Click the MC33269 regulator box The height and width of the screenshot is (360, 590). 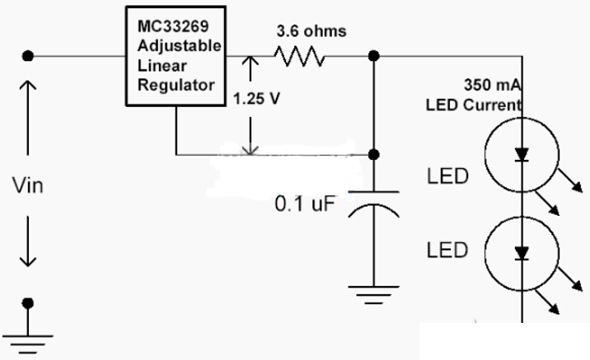(x=176, y=56)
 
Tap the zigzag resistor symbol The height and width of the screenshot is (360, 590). (x=298, y=56)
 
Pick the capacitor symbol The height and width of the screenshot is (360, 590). (x=374, y=202)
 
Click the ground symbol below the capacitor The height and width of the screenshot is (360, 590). (x=374, y=292)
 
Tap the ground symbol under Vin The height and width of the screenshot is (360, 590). (x=28, y=330)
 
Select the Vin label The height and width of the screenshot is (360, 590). (x=27, y=185)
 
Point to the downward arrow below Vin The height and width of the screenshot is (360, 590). (x=28, y=242)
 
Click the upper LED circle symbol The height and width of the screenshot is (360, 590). (x=520, y=153)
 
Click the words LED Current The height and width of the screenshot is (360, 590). (x=473, y=105)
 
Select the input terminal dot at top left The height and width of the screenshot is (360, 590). (x=28, y=56)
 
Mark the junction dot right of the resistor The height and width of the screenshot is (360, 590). (x=374, y=56)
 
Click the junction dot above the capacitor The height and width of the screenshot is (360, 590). (x=374, y=154)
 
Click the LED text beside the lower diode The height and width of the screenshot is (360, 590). (x=447, y=250)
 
